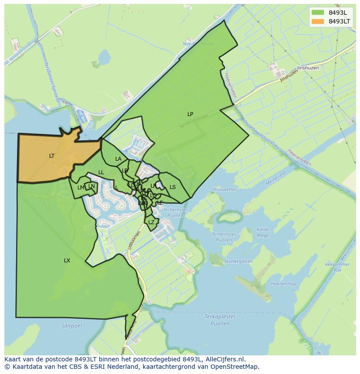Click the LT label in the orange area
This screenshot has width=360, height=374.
coord(52,156)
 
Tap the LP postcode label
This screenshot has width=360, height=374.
coord(190,114)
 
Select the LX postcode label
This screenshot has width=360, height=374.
coord(67,261)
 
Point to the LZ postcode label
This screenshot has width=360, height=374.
coord(151,222)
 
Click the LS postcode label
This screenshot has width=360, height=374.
coord(173,187)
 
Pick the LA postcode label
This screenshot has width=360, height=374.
coord(118,159)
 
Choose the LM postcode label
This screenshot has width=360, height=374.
coord(81,188)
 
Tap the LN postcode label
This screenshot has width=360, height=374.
coord(91,186)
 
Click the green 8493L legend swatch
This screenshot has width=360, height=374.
coord(318,13)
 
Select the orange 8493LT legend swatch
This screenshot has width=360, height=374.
coord(318,21)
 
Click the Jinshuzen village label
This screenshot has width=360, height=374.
coord(308,68)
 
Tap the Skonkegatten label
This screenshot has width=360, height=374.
coord(238,261)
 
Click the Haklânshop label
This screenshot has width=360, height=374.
coord(283,284)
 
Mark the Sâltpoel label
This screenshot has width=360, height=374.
coord(71,325)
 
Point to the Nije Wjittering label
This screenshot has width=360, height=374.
coord(198,44)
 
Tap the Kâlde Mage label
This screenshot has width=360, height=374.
coord(263,232)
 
